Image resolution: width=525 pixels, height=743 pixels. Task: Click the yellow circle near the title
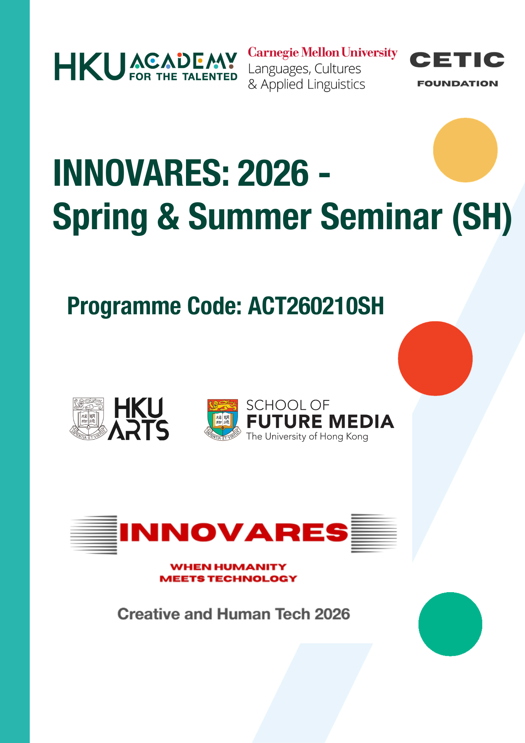coord(465,150)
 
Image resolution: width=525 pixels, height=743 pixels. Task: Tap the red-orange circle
coord(435,358)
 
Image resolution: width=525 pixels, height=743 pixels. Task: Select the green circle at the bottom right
coord(450,624)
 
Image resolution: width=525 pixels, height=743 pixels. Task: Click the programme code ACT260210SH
coord(316,306)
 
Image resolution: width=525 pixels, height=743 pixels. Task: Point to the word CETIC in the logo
coord(457,60)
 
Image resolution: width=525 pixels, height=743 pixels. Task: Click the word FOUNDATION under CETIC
coord(457,84)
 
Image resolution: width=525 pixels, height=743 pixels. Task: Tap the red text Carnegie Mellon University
coord(323,53)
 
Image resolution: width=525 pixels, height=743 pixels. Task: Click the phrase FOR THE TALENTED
coord(183,77)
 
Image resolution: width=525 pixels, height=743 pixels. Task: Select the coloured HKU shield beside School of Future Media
coord(222,420)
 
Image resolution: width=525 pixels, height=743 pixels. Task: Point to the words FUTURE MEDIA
coord(320,422)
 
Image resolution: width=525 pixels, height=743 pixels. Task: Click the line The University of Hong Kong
coord(307,437)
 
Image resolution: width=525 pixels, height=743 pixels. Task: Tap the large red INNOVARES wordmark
coord(234,532)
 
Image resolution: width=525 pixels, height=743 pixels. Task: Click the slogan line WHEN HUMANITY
coord(228,567)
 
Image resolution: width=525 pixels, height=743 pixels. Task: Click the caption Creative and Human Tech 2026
coord(234,614)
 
